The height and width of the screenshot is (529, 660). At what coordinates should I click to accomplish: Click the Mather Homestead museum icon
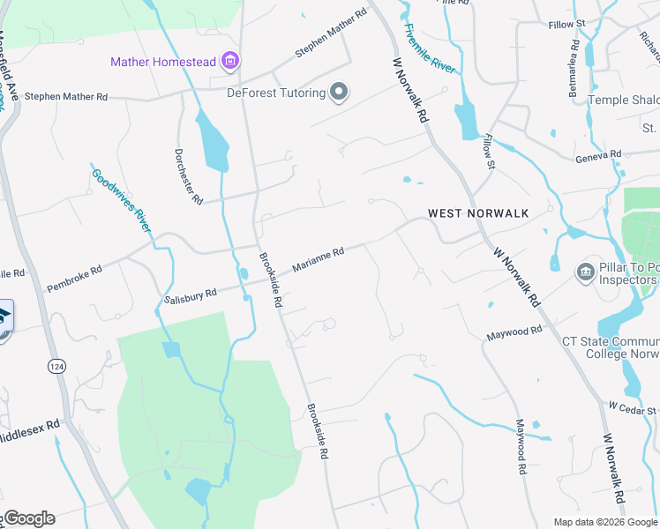(231, 61)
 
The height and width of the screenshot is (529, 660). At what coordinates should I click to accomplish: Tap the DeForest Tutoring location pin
(339, 92)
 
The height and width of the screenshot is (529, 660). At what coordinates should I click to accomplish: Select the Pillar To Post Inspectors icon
(585, 272)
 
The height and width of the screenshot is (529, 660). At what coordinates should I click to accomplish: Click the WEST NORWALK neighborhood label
(478, 213)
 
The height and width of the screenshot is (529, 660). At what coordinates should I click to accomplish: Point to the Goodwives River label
(122, 199)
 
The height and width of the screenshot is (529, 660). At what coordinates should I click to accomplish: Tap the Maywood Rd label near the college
(514, 332)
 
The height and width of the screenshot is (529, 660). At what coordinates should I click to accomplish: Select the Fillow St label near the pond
(488, 146)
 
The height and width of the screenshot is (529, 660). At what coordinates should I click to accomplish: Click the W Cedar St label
(633, 408)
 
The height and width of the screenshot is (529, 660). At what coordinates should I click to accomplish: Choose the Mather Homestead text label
(164, 62)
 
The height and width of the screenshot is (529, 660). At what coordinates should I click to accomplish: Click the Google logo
(30, 518)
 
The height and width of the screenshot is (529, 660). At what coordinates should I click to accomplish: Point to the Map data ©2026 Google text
(604, 522)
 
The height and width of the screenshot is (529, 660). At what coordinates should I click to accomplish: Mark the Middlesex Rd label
(32, 429)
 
